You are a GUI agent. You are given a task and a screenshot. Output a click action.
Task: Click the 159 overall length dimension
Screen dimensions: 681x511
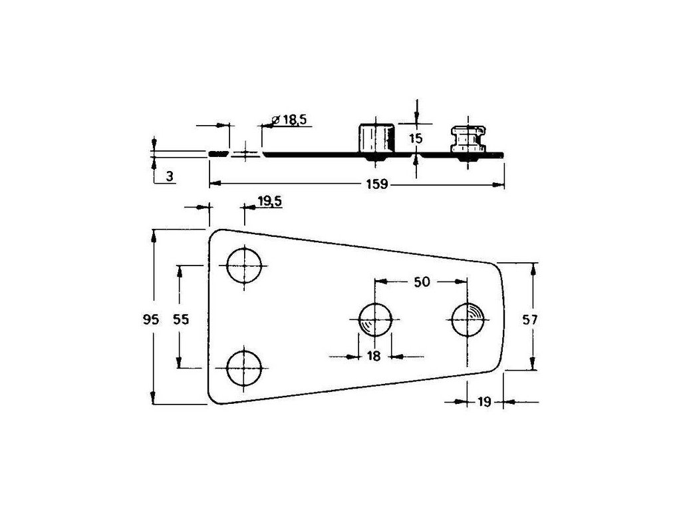coord(377,184)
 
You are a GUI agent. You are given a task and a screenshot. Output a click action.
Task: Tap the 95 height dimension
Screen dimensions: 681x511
coord(151,320)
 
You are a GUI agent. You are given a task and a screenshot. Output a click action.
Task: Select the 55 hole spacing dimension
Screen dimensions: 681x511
coord(181,320)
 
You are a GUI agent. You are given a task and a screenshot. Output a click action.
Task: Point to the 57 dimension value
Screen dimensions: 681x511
coord(529,320)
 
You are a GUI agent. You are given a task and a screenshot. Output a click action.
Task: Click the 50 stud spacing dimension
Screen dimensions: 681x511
coord(421,282)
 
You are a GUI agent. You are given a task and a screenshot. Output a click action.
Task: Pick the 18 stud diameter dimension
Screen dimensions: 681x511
coord(374,357)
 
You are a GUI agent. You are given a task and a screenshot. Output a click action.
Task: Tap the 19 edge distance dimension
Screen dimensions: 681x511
coord(484,402)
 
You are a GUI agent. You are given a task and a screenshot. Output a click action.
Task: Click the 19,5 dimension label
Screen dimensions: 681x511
coord(270,201)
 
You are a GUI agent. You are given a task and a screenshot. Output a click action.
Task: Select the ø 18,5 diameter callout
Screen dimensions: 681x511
coord(289,120)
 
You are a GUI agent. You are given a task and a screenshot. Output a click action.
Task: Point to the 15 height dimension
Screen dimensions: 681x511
coord(416,138)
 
